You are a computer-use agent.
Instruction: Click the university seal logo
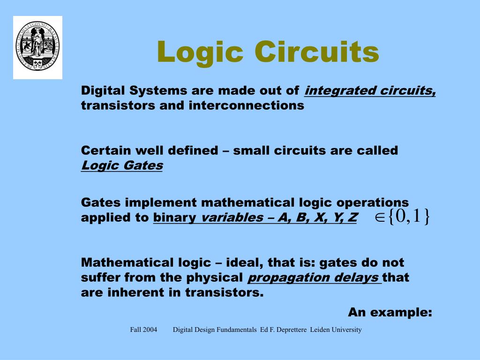click(x=37, y=47)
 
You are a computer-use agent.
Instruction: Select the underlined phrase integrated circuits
click(x=370, y=90)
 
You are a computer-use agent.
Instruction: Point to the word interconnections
click(x=247, y=105)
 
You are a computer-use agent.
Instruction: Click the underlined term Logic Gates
click(x=122, y=165)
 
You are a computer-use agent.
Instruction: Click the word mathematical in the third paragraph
click(x=248, y=202)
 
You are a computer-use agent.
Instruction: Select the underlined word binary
click(x=174, y=217)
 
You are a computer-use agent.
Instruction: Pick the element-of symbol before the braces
click(x=380, y=217)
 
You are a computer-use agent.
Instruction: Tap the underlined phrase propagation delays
click(x=314, y=277)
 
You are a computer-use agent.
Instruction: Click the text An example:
click(x=390, y=312)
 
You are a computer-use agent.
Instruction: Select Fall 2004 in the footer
click(x=143, y=330)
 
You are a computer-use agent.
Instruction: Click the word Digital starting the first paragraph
click(x=104, y=90)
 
